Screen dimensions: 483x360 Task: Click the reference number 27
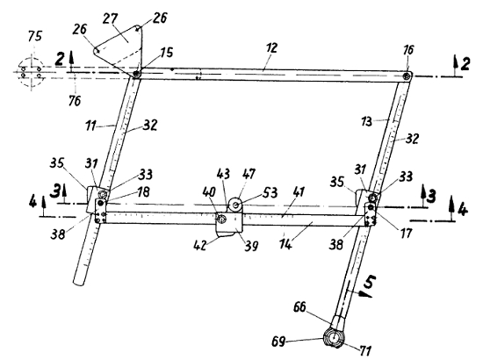[111, 19]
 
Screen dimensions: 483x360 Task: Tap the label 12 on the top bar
[270, 48]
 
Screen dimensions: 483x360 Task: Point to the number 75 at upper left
[35, 36]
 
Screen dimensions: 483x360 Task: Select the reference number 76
[75, 100]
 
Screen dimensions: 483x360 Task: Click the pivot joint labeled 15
[136, 74]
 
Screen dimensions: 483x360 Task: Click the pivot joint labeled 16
[407, 76]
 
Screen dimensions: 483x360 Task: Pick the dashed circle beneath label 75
[31, 72]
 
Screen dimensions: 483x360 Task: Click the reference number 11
[90, 126]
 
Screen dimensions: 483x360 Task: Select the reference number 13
[366, 122]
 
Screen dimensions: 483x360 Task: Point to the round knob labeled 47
[236, 205]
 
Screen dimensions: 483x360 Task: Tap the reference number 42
[200, 245]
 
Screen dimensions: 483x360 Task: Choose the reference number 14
[285, 244]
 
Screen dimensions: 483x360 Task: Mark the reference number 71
[364, 350]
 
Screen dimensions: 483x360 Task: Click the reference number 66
[299, 307]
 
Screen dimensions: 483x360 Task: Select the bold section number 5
[370, 282]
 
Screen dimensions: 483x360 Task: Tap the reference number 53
[270, 193]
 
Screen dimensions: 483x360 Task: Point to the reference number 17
[406, 233]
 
